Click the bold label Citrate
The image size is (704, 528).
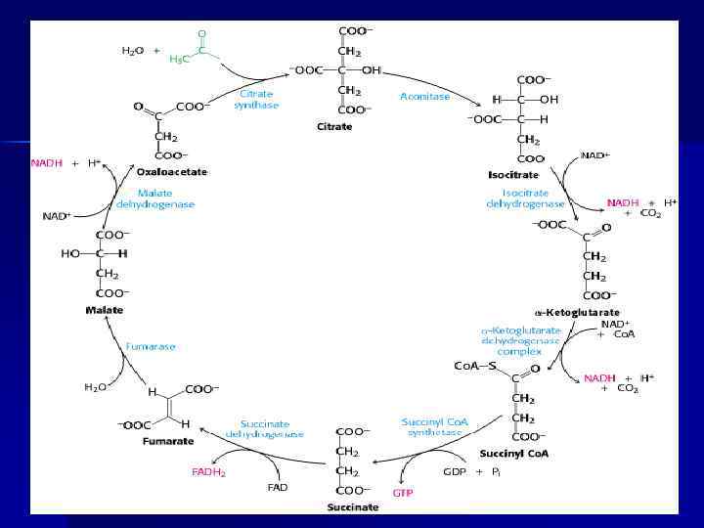pyautogui.click(x=334, y=126)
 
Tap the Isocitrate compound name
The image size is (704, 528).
pyautogui.click(x=514, y=174)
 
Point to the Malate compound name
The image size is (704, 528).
pyautogui.click(x=105, y=310)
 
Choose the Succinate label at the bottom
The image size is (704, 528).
pyautogui.click(x=353, y=507)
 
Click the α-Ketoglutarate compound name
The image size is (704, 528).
pyautogui.click(x=577, y=312)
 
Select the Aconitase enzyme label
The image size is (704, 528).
pyautogui.click(x=423, y=96)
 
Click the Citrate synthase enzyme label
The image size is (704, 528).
pyautogui.click(x=256, y=99)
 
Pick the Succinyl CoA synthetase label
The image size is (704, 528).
pyautogui.click(x=435, y=427)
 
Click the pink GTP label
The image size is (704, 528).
pyautogui.click(x=403, y=493)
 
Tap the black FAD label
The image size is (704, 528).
pyautogui.click(x=277, y=486)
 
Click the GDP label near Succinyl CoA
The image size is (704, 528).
pyautogui.click(x=454, y=471)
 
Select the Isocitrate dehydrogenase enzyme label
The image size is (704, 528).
pyautogui.click(x=526, y=198)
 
